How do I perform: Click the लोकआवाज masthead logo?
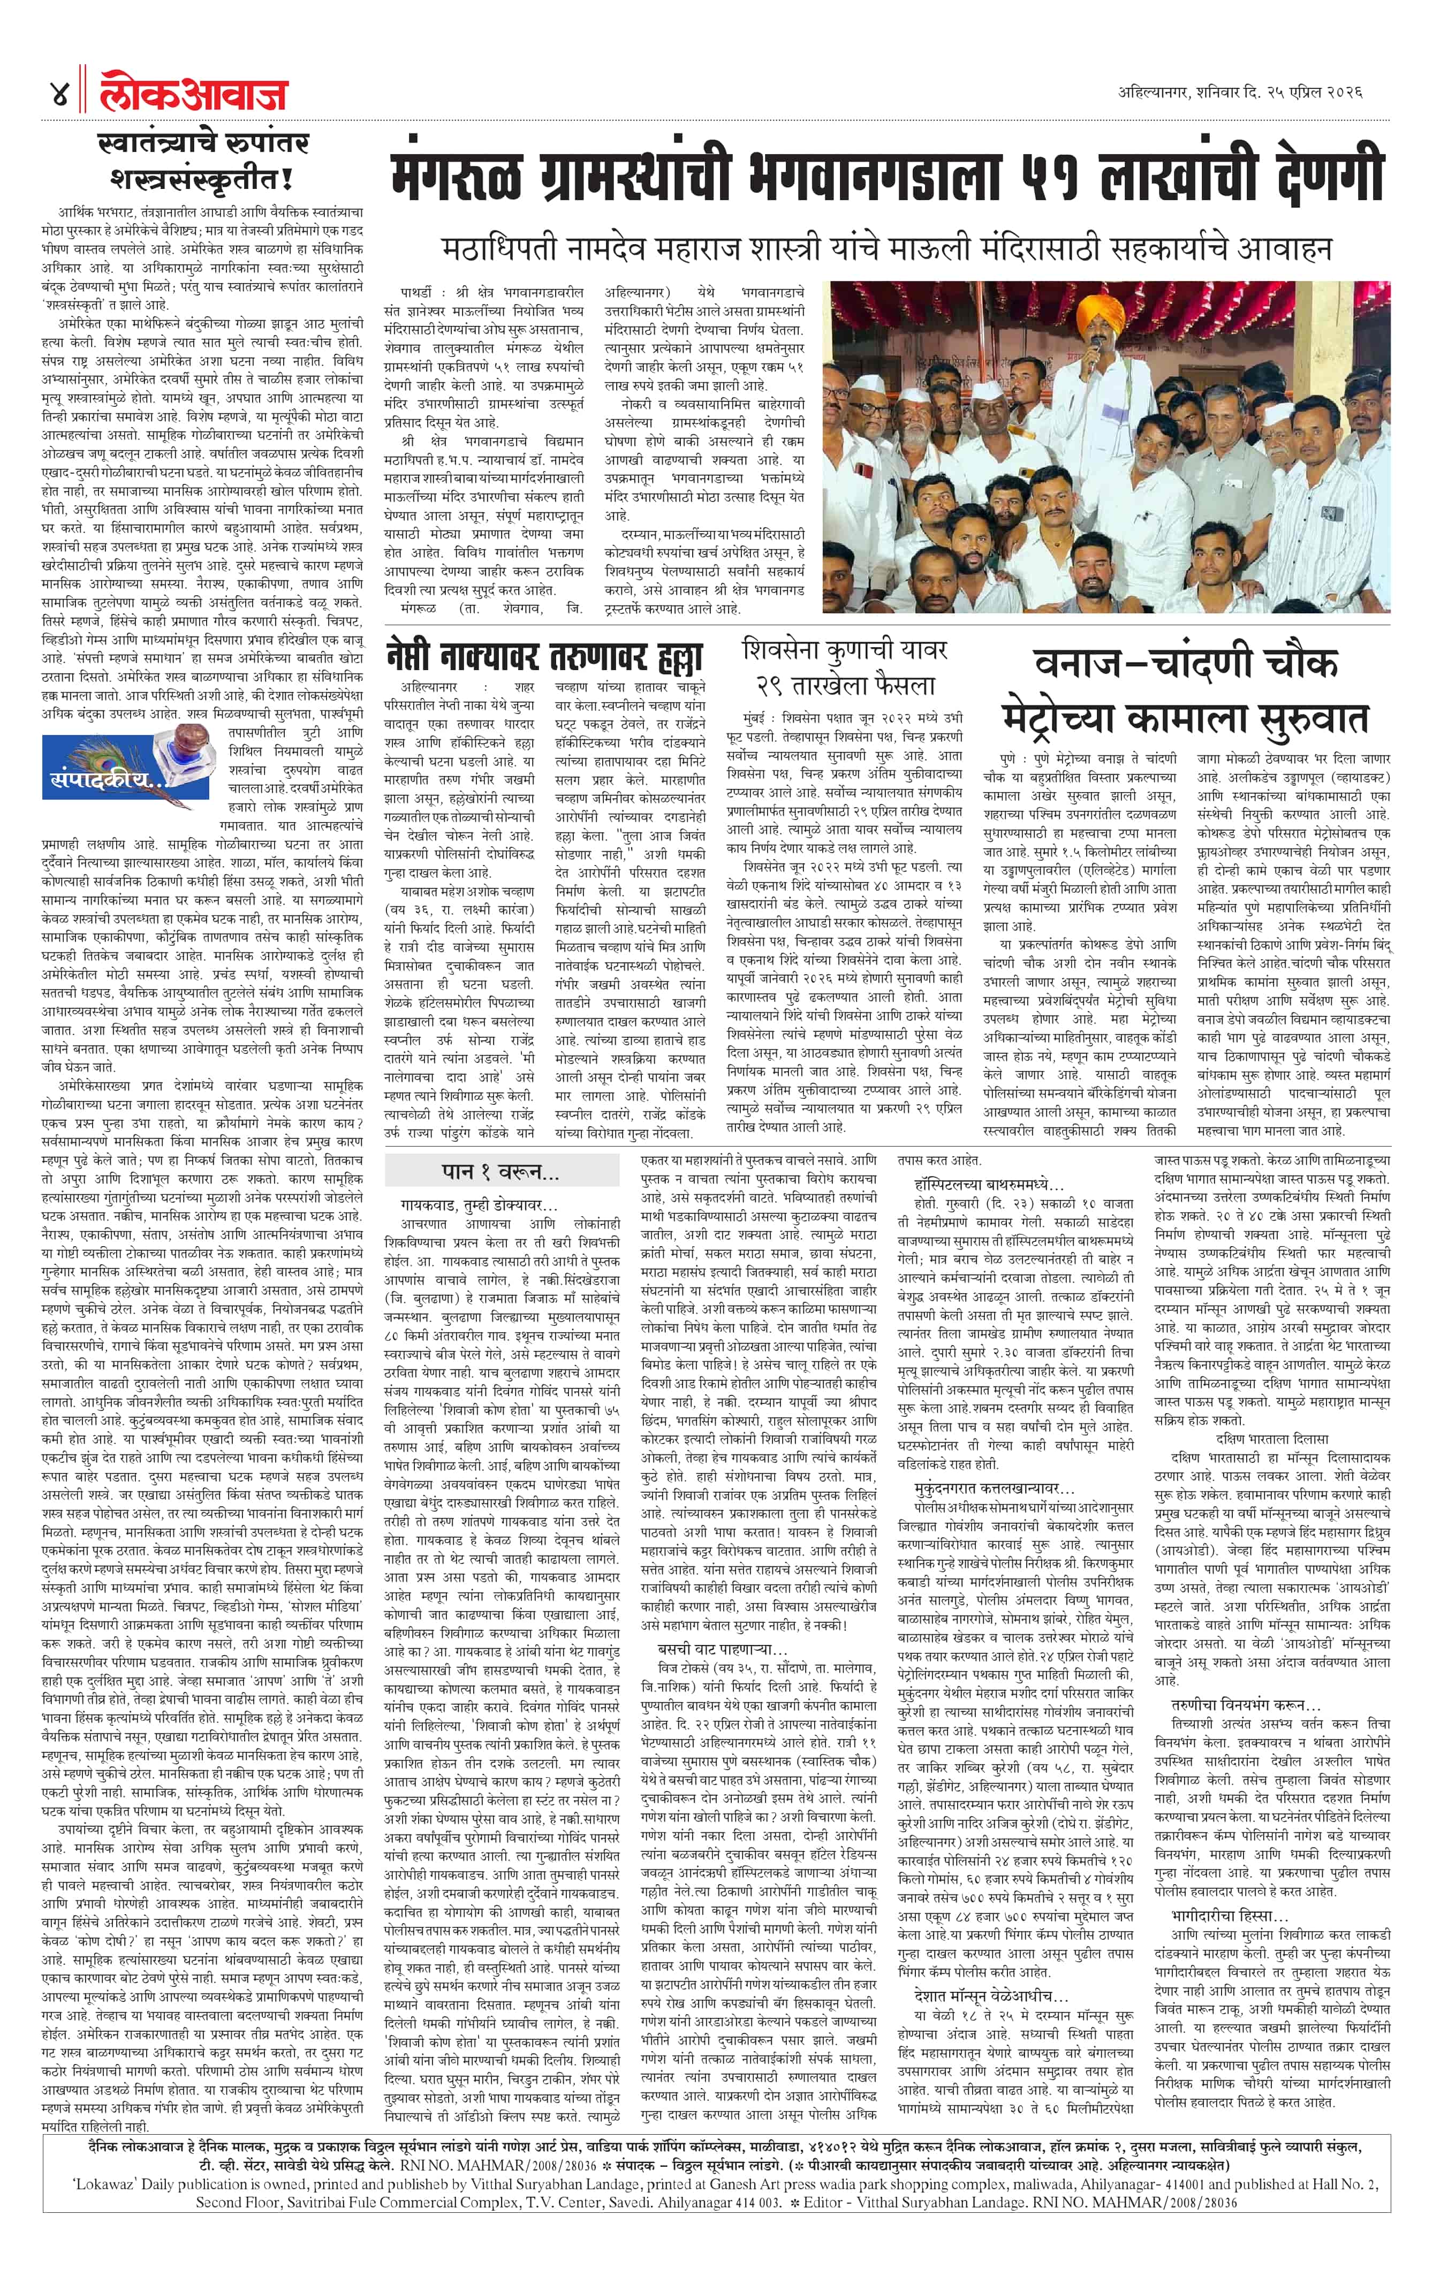194,94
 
